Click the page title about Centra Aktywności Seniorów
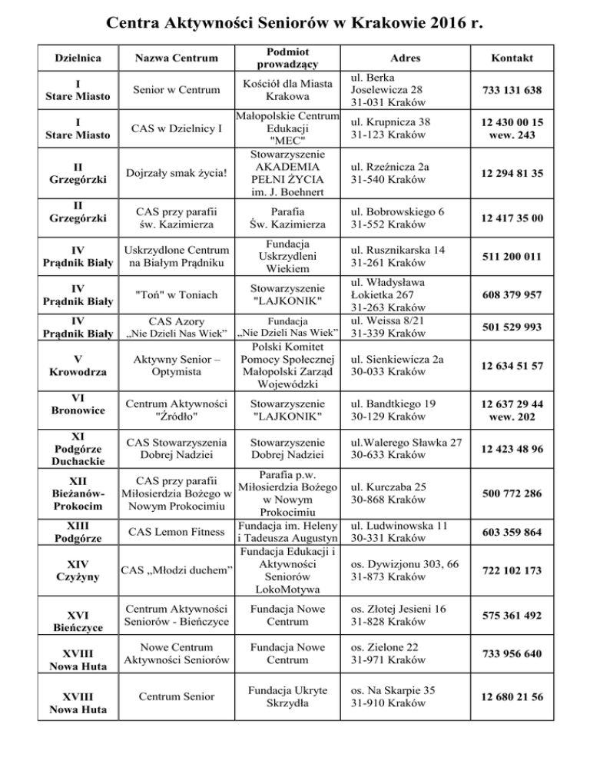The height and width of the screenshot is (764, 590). (x=294, y=23)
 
